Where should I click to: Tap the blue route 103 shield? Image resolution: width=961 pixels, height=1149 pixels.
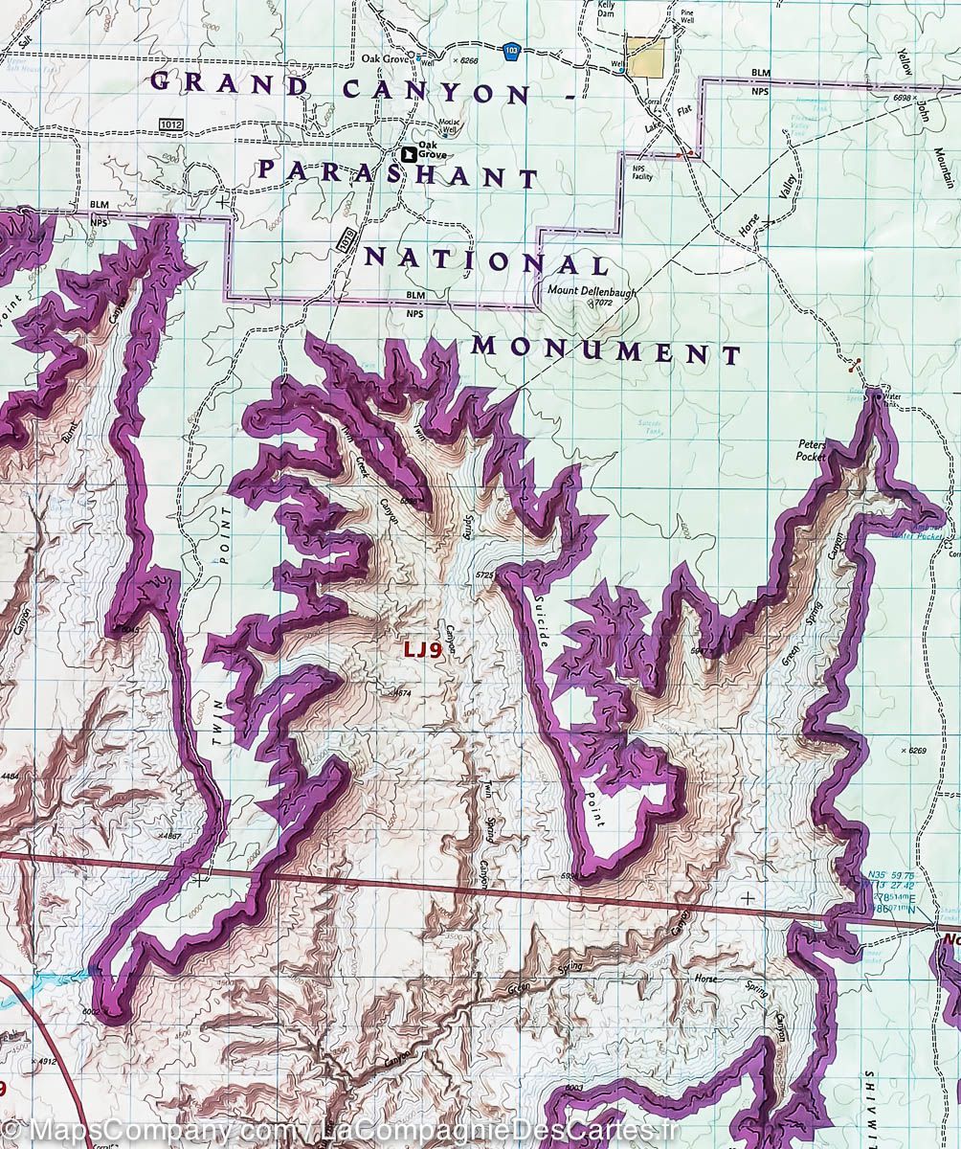click(x=514, y=48)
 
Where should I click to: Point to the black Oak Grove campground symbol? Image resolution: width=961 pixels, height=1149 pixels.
click(x=410, y=153)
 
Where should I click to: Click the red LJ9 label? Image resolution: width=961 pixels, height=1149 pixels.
click(x=421, y=649)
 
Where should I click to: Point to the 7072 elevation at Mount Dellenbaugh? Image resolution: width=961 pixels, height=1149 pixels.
click(x=602, y=303)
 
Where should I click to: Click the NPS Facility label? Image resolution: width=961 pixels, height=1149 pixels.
click(x=641, y=172)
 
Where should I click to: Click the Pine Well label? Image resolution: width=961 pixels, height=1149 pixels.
click(x=686, y=17)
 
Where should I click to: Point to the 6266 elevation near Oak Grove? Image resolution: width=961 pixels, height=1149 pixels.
click(x=466, y=60)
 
